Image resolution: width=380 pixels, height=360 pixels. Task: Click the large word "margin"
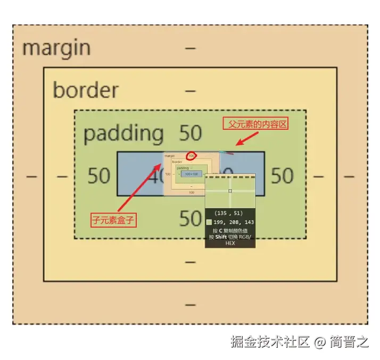56,48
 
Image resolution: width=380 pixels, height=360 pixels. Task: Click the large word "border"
85,90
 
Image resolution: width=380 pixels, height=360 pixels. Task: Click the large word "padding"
123,133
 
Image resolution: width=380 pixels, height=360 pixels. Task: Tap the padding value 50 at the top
190,133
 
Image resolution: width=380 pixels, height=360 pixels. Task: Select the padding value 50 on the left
98,176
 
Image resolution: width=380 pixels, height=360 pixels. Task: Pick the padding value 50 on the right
282,176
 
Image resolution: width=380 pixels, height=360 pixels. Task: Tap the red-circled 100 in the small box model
192,156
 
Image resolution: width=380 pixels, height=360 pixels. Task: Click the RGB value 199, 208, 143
234,222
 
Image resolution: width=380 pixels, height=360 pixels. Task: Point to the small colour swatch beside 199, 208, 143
209,222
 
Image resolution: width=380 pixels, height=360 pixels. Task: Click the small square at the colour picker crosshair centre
230,191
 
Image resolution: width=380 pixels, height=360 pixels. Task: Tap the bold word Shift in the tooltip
222,237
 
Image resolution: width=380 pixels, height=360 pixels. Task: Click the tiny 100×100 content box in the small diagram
192,174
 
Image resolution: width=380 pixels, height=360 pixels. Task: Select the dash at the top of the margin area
190,48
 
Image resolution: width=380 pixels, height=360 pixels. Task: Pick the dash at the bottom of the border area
190,262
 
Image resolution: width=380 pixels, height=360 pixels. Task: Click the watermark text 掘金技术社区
270,341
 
